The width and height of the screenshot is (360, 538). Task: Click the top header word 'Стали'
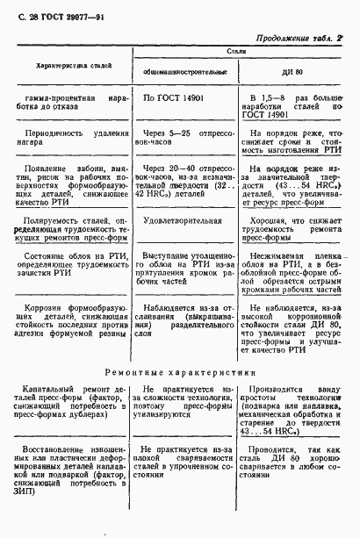pos(237,54)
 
